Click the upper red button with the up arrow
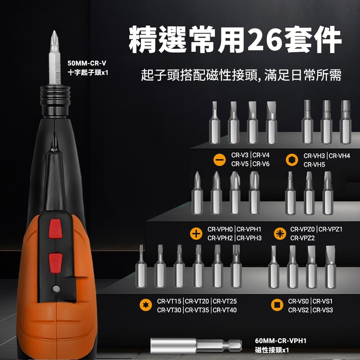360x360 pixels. (55, 229)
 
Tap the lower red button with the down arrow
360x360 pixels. (55, 263)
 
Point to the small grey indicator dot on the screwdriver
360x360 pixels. (56, 289)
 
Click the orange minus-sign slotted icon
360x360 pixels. (220, 159)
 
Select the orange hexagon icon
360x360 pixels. (292, 160)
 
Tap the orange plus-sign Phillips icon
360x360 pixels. (196, 234)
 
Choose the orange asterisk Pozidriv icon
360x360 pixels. (280, 234)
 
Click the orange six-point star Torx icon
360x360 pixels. (146, 305)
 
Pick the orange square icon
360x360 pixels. (277, 305)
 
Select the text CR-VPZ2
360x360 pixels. (302, 238)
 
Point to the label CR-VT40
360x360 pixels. (225, 310)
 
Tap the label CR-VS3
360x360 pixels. (323, 310)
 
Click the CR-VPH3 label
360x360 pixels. (249, 238)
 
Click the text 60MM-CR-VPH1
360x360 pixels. (280, 341)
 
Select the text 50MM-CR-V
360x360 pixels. (87, 63)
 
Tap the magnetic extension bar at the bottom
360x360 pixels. (196, 345)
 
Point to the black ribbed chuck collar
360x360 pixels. (55, 101)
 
